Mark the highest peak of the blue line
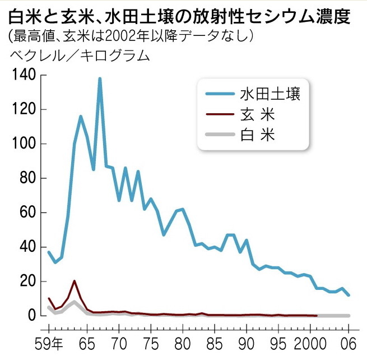coord(100,79)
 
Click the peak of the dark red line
coord(75,281)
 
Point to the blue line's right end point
coord(349,295)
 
